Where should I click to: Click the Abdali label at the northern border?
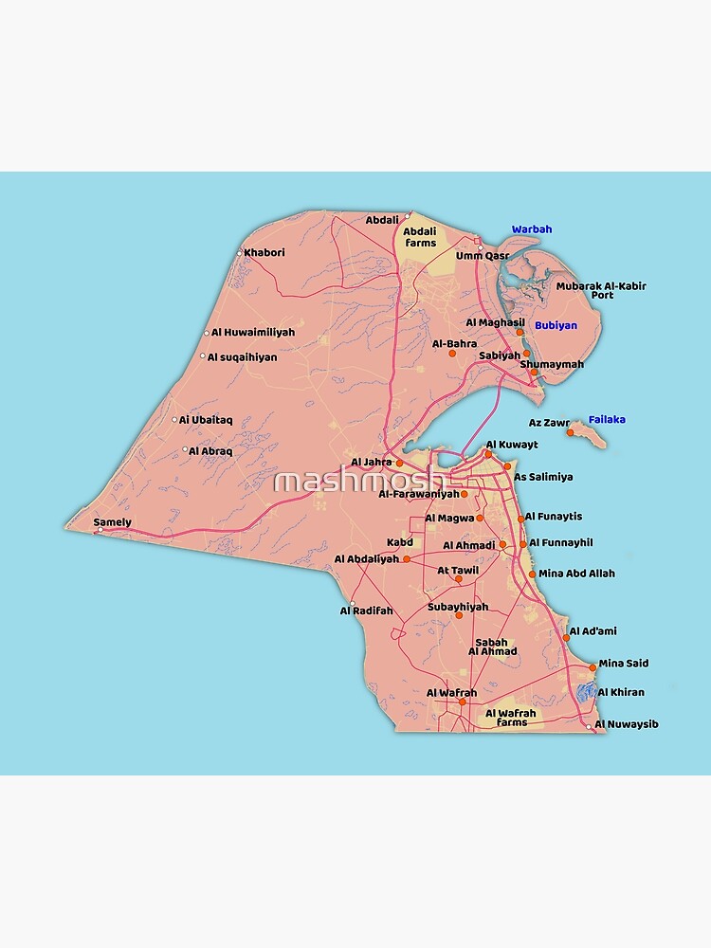click(x=382, y=221)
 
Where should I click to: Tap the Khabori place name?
click(x=264, y=253)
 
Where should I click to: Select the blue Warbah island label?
click(x=532, y=229)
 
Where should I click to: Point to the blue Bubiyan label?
click(x=556, y=325)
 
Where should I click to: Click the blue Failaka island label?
click(x=607, y=419)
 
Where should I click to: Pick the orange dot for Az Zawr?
click(x=571, y=433)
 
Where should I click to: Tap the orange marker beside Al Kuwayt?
click(x=489, y=454)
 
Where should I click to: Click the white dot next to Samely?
click(x=97, y=531)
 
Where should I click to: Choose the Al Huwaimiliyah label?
click(x=253, y=333)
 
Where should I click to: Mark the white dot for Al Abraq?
click(x=185, y=449)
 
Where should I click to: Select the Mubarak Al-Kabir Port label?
click(x=601, y=290)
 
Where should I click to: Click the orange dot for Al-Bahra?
click(x=452, y=354)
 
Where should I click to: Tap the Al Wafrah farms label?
click(x=511, y=718)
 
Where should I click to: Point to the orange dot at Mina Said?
click(x=592, y=667)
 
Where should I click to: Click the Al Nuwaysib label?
click(x=627, y=724)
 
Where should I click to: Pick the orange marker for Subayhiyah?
click(x=459, y=616)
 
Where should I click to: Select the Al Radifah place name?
click(x=366, y=611)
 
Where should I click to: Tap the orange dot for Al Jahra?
click(x=399, y=463)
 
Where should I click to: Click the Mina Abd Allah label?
click(x=576, y=574)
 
